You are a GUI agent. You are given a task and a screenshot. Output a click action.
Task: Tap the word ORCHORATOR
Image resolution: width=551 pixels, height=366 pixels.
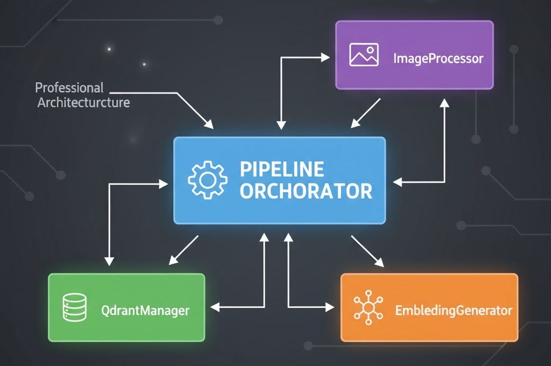click(306, 191)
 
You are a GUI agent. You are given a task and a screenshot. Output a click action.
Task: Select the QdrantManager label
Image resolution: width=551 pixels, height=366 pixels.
click(145, 311)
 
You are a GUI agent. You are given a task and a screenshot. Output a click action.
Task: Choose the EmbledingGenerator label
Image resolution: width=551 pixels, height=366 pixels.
click(453, 311)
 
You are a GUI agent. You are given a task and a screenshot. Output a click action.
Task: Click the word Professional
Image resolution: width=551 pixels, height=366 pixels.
click(69, 87)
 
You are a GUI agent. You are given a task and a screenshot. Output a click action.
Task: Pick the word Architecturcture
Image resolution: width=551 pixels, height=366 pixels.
click(83, 102)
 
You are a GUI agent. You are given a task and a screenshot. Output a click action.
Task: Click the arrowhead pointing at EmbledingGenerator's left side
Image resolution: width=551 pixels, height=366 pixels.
click(330, 308)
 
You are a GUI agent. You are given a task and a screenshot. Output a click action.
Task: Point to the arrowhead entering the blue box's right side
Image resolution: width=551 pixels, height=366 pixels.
click(397, 182)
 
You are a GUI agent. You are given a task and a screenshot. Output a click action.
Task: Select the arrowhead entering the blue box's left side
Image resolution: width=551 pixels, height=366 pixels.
click(165, 184)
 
